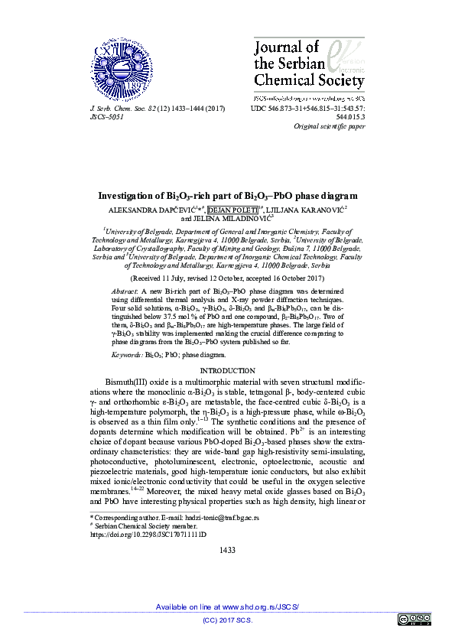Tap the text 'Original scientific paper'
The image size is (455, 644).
(327, 126)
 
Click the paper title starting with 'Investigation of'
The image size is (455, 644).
(227, 196)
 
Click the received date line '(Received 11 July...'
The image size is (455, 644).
(227, 280)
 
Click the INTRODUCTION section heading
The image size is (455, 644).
(227, 370)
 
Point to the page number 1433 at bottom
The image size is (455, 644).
(227, 550)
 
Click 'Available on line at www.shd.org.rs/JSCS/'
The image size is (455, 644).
(227, 607)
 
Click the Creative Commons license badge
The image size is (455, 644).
(414, 619)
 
